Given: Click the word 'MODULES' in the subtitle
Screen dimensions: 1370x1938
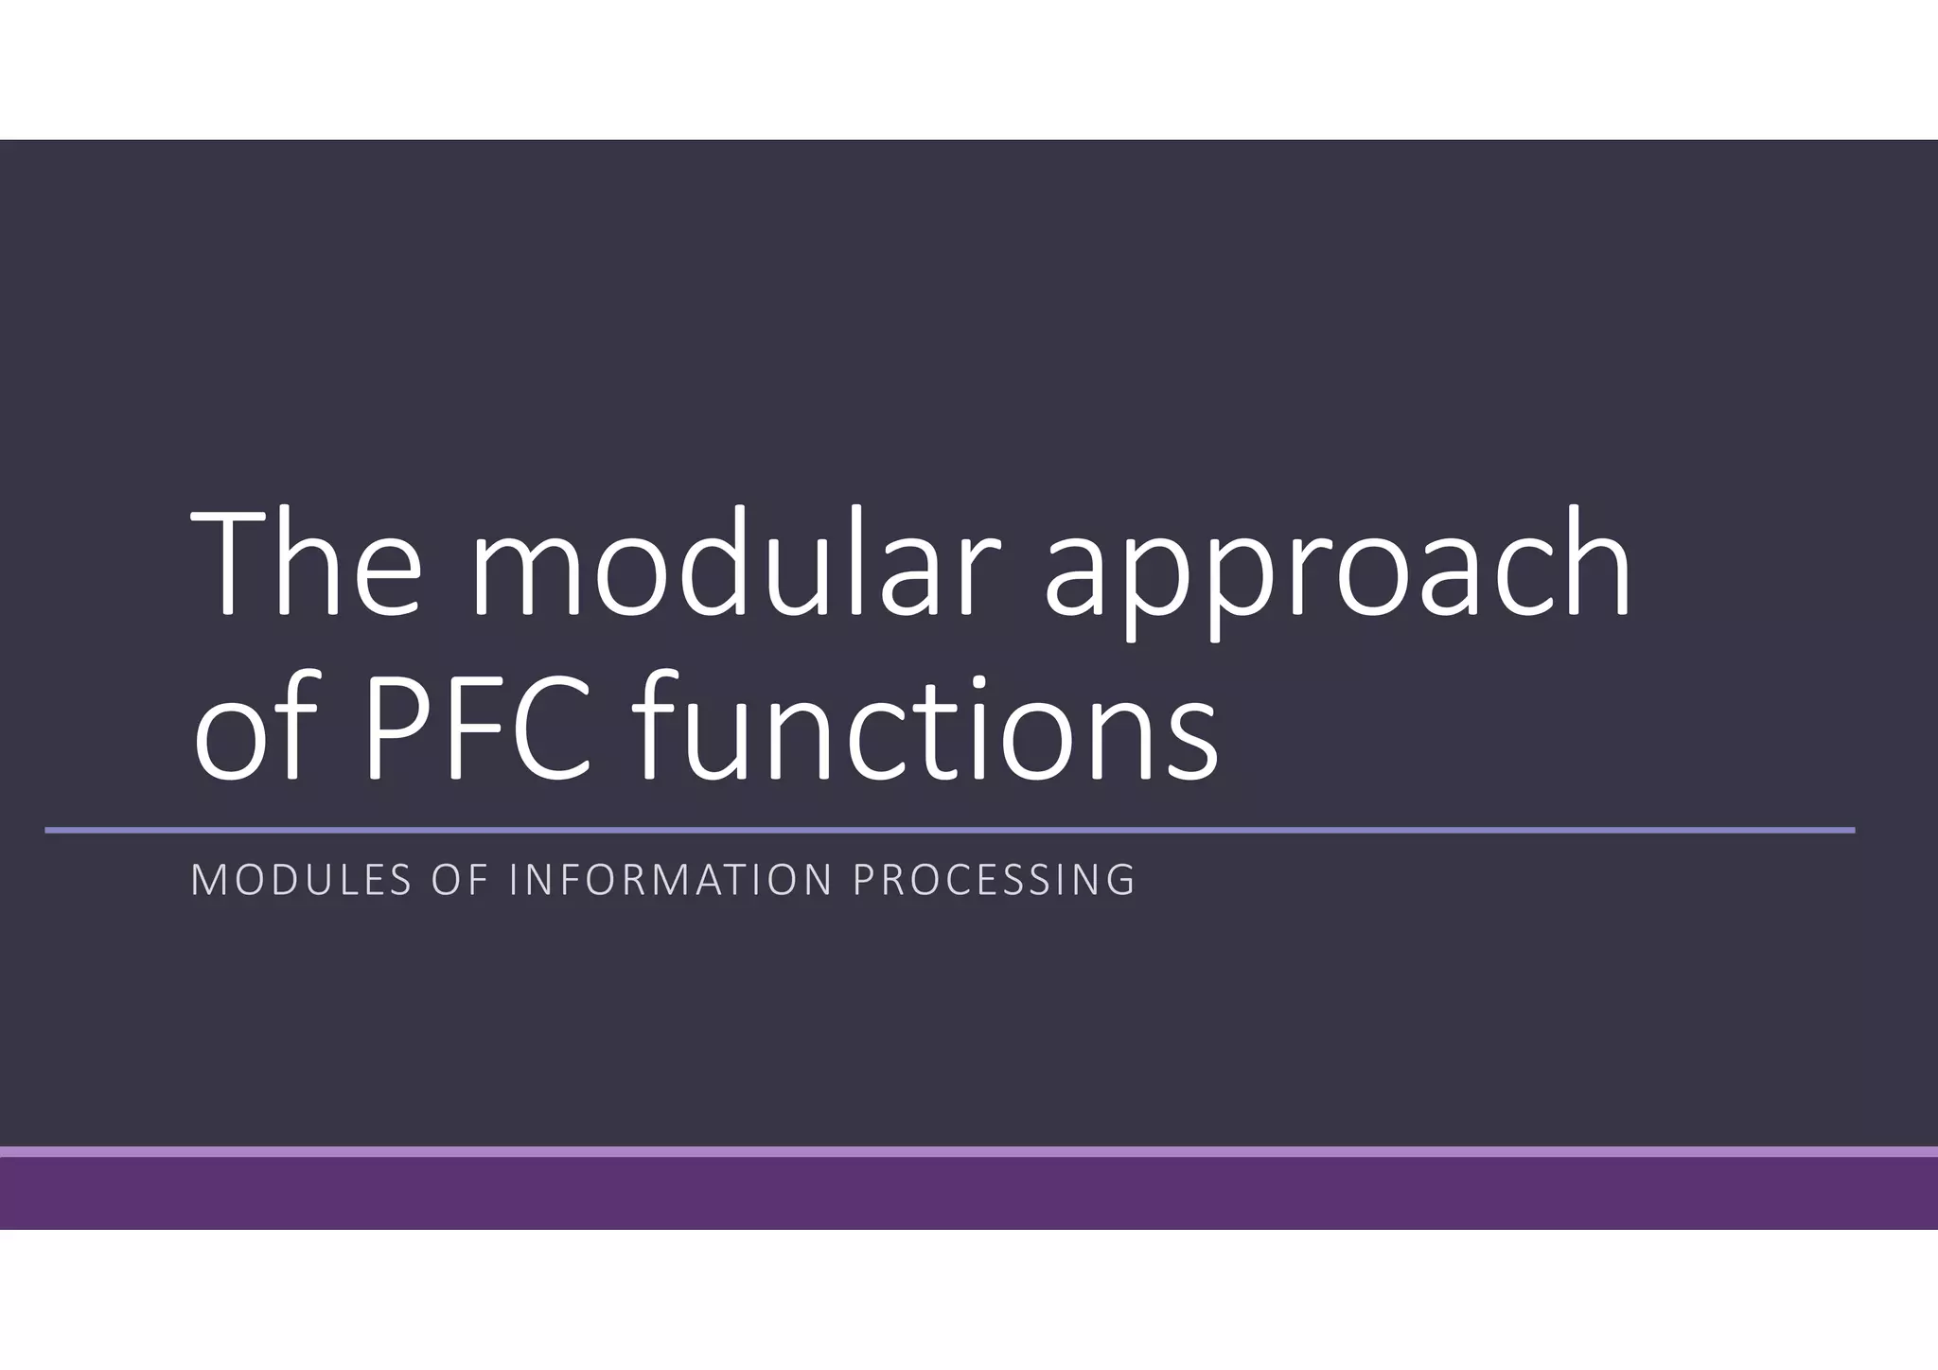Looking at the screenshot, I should [x=302, y=880].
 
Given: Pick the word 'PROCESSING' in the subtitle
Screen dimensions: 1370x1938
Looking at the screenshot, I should [x=994, y=880].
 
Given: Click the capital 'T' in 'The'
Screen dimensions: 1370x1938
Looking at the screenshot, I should [x=228, y=564].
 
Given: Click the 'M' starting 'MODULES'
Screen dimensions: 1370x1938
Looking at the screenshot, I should [x=207, y=880].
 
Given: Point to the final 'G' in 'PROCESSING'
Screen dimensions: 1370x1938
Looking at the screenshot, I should [x=1120, y=880].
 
